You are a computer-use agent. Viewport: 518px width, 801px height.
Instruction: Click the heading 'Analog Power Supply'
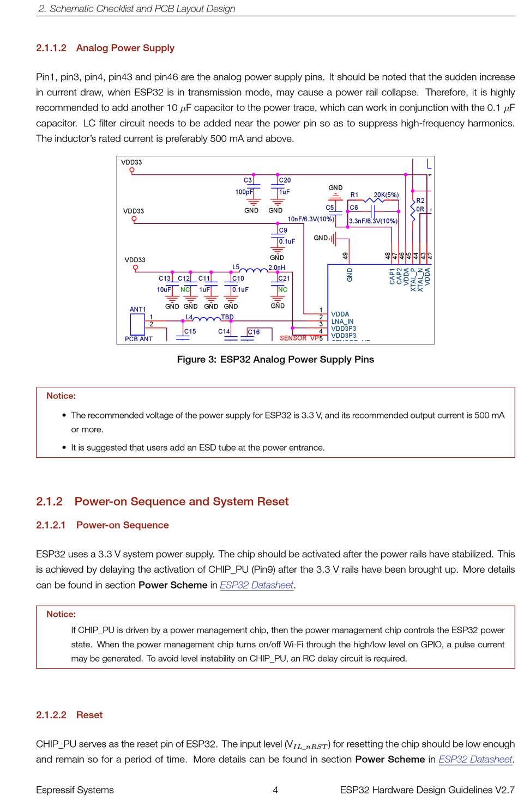coord(125,48)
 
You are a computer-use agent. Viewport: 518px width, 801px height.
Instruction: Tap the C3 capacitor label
coord(248,180)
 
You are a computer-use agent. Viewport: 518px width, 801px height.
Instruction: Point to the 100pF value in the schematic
coord(244,192)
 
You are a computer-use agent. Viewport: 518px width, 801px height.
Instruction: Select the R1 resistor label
coord(354,195)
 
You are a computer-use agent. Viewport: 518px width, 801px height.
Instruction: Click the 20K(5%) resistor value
coord(386,195)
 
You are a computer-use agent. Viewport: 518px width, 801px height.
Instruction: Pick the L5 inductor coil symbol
coord(254,270)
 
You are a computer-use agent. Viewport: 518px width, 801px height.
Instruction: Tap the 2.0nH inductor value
coord(276,268)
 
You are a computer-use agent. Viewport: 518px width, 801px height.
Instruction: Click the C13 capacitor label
coord(165,278)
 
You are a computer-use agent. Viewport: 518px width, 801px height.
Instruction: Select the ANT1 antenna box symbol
coord(137,324)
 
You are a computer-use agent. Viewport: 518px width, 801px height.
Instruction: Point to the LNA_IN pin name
coord(342,321)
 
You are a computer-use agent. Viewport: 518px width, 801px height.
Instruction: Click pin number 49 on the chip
coord(345,256)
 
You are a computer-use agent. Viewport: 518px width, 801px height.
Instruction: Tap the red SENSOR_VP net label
coord(299,338)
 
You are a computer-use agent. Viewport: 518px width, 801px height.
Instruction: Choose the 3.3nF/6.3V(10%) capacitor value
coord(373,221)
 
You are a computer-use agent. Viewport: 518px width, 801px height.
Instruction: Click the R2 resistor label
coord(420,201)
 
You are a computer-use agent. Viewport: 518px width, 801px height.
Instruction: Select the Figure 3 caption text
coord(275,360)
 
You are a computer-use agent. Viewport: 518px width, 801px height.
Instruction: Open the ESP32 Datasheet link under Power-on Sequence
coord(256,585)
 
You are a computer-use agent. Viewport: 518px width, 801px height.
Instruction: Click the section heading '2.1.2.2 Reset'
coord(69,715)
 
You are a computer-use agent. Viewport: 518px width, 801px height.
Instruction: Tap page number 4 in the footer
coord(275,790)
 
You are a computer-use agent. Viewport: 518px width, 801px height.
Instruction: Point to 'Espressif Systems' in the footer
coord(75,790)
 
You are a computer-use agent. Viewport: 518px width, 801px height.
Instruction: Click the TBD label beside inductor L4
coord(227,317)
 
